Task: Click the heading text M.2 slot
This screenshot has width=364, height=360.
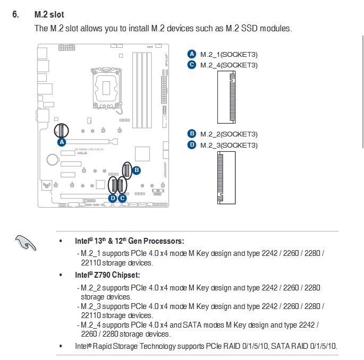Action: [49, 14]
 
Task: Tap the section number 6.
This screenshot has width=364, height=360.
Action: [15, 14]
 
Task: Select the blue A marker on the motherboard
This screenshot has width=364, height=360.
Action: [61, 142]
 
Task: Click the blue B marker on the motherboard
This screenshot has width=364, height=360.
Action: [136, 170]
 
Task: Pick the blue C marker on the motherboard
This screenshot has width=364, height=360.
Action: [122, 198]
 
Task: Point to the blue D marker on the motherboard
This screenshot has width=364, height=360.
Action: [112, 198]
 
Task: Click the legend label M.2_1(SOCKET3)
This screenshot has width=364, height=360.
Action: [228, 54]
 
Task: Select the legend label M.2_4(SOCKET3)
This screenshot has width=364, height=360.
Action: [228, 65]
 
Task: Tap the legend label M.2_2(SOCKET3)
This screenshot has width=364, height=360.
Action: [228, 134]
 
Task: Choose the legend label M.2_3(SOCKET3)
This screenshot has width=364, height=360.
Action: [228, 145]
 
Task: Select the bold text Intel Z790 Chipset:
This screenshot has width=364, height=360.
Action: [107, 275]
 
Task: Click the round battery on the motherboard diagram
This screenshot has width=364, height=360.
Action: [52, 159]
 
